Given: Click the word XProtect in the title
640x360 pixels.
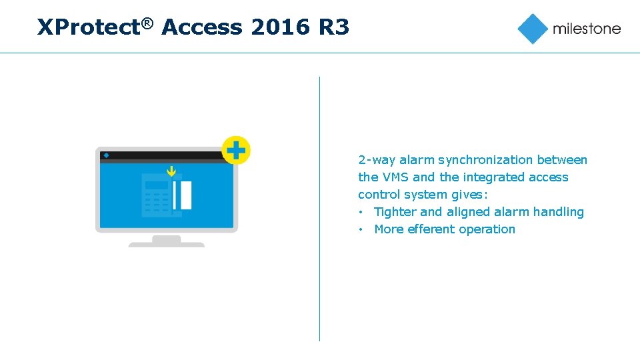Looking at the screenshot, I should [89, 28].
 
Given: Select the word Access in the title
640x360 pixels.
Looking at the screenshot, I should [202, 28].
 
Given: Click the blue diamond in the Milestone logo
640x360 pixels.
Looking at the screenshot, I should [533, 29].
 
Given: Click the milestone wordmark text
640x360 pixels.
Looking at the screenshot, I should [587, 29].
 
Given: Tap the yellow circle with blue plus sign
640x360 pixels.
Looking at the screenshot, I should [235, 151].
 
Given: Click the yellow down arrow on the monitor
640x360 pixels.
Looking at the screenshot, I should [171, 171].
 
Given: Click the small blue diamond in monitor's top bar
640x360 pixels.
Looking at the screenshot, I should [107, 155].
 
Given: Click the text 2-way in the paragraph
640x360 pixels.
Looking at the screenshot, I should [377, 160].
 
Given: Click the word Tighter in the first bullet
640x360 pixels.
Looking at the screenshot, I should [395, 212].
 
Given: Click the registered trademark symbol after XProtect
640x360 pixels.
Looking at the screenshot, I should [147, 23].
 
